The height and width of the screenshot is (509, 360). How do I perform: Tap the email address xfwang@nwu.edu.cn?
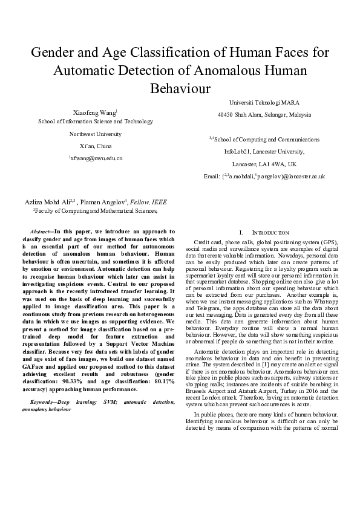tap(97, 158)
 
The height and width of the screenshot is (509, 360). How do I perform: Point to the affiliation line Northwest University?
tap(95, 134)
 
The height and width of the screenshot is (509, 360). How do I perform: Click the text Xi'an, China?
tap(95, 146)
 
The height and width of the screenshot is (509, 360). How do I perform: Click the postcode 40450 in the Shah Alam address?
tap(226, 114)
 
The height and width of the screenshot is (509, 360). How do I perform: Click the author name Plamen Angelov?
tap(102, 202)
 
